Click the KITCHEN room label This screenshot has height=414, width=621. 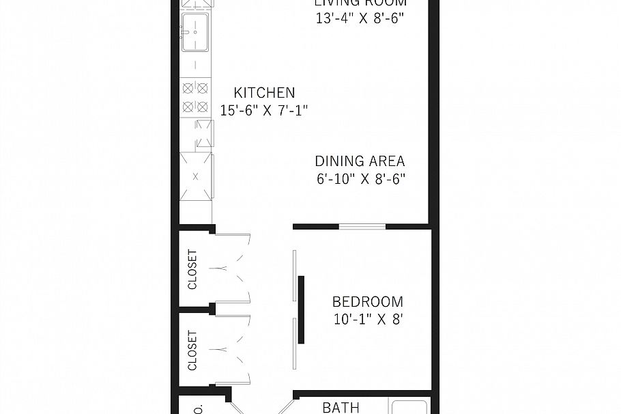tap(264, 93)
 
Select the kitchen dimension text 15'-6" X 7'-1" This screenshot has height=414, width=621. tap(264, 110)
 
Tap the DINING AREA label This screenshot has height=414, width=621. tap(360, 162)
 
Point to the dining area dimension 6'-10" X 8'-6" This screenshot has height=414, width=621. tap(360, 179)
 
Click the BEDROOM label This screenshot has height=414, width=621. tap(367, 301)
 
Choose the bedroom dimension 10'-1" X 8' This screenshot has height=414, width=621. tap(367, 318)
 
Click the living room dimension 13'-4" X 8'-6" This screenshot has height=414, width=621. tap(360, 18)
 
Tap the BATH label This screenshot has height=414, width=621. tap(341, 408)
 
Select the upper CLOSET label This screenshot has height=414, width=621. tap(192, 269)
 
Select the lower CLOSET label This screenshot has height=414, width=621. tap(192, 350)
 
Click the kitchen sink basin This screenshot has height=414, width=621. tap(197, 33)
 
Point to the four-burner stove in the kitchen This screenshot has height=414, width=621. tap(195, 97)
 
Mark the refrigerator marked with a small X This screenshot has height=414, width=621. tap(196, 176)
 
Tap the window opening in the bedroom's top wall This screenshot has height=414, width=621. tap(362, 226)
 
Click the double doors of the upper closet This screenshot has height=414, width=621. tap(232, 269)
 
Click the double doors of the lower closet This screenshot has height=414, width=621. tap(232, 350)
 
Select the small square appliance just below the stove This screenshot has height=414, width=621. tap(203, 134)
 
